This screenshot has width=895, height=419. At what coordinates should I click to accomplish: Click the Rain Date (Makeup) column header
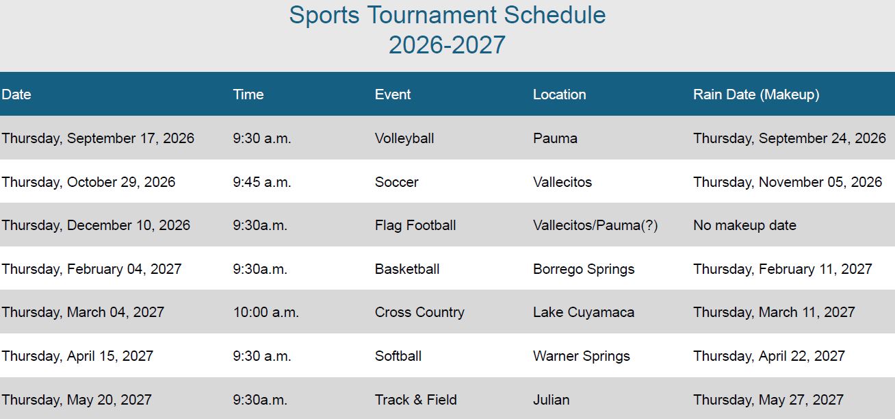click(x=756, y=94)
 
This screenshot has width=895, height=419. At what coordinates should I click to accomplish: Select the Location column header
click(x=560, y=94)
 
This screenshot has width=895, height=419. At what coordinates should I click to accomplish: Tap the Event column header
click(x=392, y=94)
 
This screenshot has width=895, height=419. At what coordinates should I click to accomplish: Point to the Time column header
click(x=248, y=94)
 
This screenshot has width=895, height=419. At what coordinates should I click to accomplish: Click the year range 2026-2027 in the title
click(x=447, y=45)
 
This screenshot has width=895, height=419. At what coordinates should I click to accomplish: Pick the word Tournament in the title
click(x=431, y=15)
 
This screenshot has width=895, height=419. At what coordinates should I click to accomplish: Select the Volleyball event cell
click(x=404, y=138)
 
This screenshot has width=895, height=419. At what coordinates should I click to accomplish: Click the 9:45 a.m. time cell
click(x=261, y=182)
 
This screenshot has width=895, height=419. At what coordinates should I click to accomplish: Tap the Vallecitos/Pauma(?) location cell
click(x=595, y=225)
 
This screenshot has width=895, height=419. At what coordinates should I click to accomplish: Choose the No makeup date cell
click(x=744, y=225)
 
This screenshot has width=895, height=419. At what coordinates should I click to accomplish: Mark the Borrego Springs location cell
click(x=584, y=270)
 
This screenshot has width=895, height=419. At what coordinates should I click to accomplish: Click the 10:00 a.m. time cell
click(x=265, y=312)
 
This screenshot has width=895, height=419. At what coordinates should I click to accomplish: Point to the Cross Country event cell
click(x=419, y=312)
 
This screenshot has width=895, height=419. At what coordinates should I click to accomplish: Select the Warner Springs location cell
click(x=582, y=356)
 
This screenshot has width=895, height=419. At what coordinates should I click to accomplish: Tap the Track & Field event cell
click(x=415, y=400)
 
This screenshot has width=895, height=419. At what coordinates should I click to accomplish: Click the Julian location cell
click(x=551, y=400)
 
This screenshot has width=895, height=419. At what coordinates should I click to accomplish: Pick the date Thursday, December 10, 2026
click(x=96, y=225)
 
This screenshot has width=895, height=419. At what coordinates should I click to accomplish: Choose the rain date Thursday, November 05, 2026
click(x=788, y=182)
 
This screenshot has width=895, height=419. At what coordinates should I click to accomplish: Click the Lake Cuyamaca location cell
click(x=584, y=312)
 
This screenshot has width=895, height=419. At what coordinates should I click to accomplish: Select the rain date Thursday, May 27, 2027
click(x=768, y=400)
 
